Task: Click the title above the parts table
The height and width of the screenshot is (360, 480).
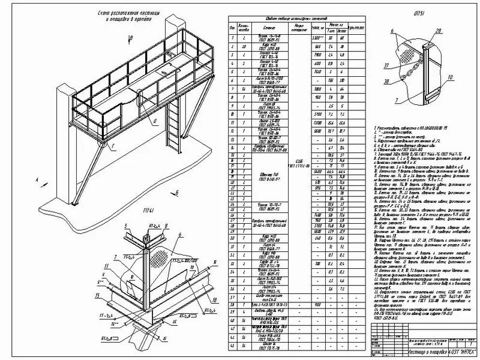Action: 283,19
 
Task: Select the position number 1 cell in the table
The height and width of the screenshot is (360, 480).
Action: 231,37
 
